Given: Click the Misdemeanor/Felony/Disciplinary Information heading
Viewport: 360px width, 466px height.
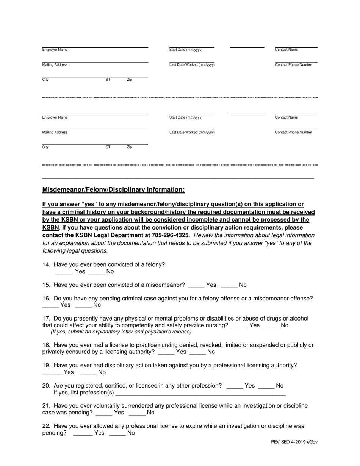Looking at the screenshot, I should click(x=113, y=189).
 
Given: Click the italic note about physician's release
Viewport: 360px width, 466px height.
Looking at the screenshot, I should click(x=121, y=332).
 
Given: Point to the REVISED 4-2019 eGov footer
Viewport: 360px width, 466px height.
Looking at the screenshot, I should click(x=294, y=442).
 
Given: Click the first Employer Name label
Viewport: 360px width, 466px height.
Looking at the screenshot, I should click(x=55, y=50).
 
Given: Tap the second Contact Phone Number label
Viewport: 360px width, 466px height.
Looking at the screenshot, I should click(x=294, y=133).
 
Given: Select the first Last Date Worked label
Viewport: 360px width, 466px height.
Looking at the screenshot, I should click(x=192, y=65).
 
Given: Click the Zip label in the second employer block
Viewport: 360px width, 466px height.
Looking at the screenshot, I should click(x=129, y=147).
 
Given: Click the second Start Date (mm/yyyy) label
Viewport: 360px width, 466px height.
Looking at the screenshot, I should click(x=186, y=118).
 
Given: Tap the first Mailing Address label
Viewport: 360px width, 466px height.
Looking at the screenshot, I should click(x=55, y=65).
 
